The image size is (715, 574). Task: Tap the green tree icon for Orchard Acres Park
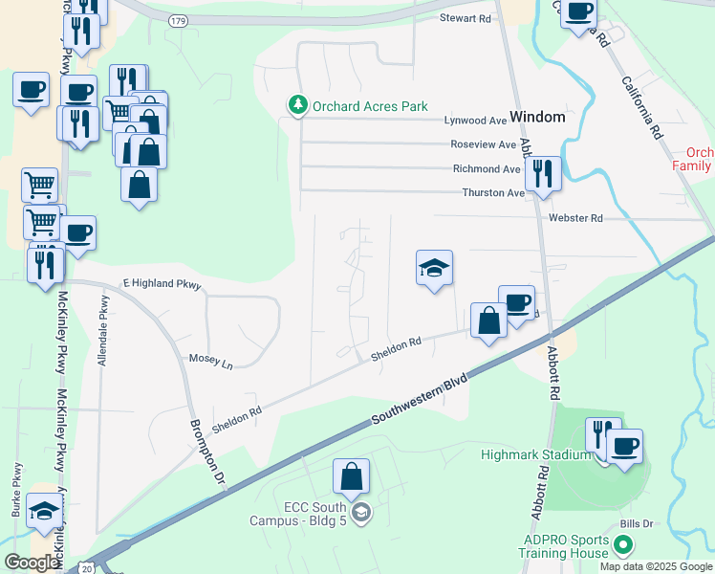click(x=297, y=105)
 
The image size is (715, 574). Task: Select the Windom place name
click(x=537, y=117)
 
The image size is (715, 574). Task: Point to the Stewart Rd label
click(x=465, y=18)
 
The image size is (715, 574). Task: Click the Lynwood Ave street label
click(x=475, y=121)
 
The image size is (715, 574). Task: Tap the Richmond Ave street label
click(x=486, y=168)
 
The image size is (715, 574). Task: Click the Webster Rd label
click(x=575, y=218)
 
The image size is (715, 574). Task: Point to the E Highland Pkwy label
click(x=163, y=285)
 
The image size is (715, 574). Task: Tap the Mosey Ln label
click(x=209, y=363)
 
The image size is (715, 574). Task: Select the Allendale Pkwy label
click(x=103, y=324)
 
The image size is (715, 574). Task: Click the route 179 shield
click(x=178, y=20)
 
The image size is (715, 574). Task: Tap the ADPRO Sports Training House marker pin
click(x=623, y=546)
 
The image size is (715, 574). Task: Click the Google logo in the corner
click(x=32, y=563)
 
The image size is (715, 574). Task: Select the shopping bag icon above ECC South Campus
click(x=352, y=477)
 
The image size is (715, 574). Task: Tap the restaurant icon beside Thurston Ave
click(x=542, y=175)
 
